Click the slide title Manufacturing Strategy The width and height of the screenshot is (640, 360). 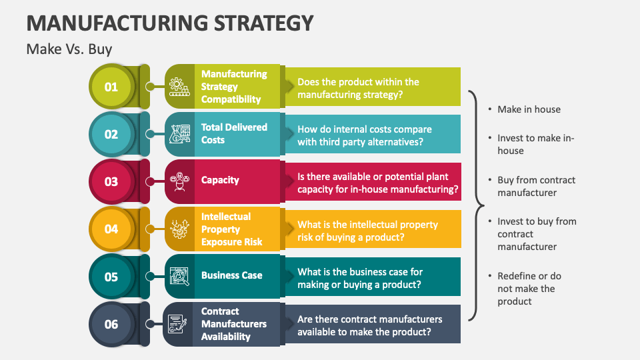170,22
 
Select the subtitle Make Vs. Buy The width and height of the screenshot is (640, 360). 69,49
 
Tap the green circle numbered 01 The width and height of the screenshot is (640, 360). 111,87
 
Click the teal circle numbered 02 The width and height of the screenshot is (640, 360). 111,134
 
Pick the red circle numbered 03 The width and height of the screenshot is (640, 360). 111,181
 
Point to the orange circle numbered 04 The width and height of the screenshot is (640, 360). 111,229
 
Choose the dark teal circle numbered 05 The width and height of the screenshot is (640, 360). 111,276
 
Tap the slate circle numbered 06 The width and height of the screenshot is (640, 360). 111,324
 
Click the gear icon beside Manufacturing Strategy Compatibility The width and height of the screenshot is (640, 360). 179,87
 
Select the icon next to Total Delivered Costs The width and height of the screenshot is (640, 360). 179,134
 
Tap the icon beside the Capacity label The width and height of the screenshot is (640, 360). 179,181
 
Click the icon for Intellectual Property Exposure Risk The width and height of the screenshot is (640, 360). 179,229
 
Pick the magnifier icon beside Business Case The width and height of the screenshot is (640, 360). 179,276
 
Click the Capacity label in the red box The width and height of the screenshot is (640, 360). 220,180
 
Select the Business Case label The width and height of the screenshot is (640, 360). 231,275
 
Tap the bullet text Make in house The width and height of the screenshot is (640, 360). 529,109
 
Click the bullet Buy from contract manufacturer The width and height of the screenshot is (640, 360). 536,186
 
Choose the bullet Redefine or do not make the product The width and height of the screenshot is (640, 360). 529,289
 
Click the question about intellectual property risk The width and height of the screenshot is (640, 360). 367,231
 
